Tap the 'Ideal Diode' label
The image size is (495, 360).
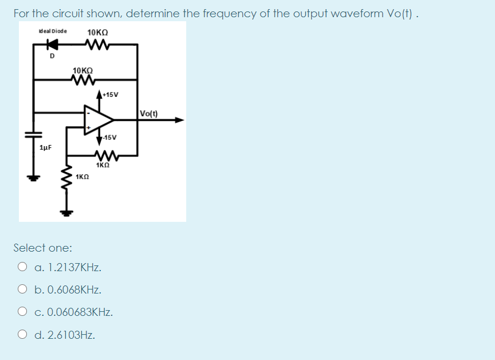(x=52, y=31)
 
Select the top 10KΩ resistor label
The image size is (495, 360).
(x=99, y=32)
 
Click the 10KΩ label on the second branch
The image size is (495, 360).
(x=82, y=71)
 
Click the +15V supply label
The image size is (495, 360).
(x=110, y=95)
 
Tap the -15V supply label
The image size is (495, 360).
(x=110, y=138)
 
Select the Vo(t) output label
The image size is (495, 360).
(x=150, y=113)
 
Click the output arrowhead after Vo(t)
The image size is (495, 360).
(x=179, y=120)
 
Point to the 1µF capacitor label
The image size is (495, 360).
(x=46, y=148)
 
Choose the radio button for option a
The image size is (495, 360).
(x=22, y=267)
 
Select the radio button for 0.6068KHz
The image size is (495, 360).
(x=22, y=289)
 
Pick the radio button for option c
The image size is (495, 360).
(x=22, y=312)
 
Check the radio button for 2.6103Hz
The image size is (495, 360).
(x=22, y=335)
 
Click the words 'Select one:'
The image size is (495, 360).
(x=43, y=248)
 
